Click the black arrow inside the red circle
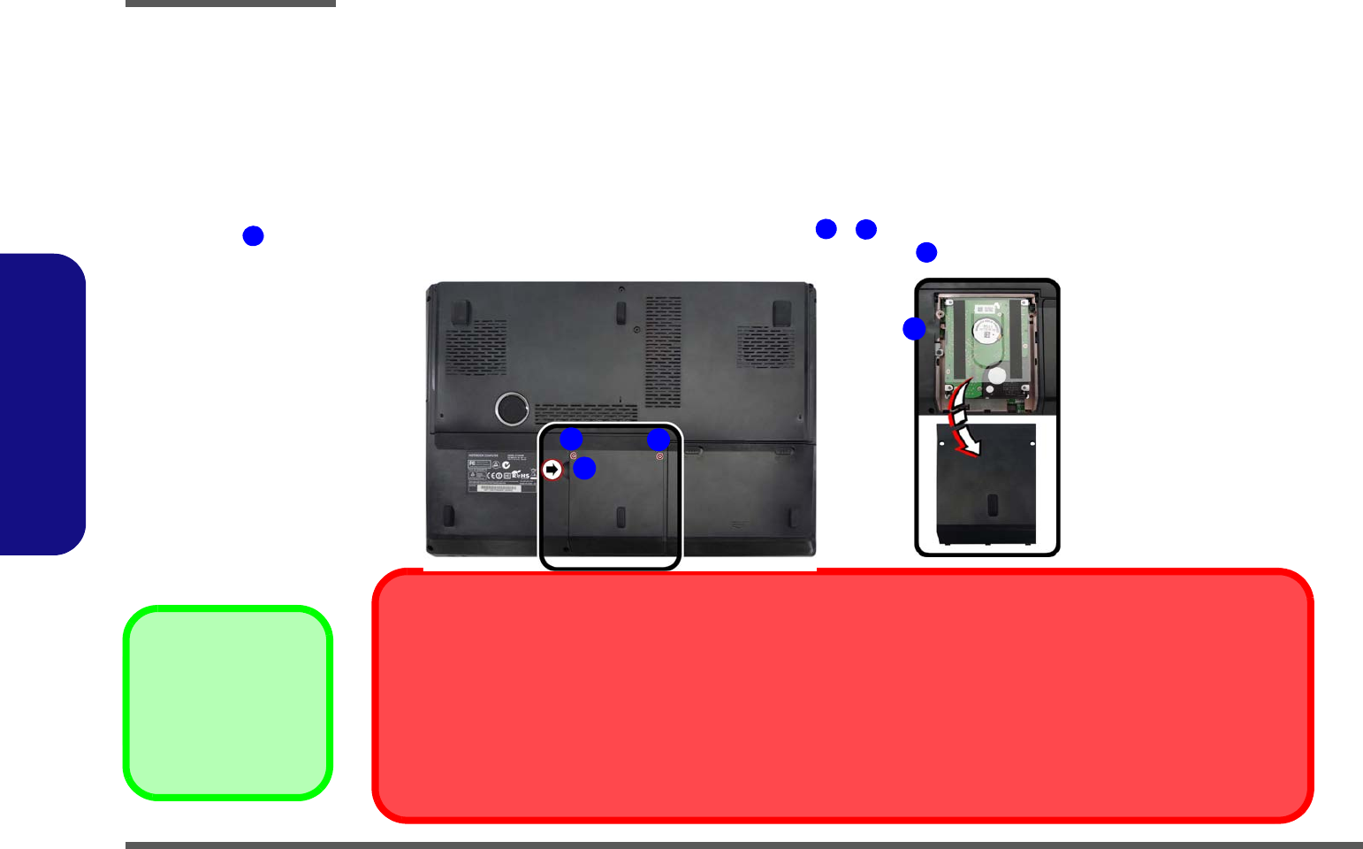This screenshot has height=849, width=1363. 552,470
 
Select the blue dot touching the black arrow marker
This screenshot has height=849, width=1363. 584,468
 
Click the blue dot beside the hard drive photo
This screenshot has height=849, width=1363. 914,329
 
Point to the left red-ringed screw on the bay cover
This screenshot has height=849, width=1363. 573,455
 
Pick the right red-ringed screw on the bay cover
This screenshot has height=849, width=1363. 659,456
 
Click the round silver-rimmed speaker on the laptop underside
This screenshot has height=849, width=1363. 512,409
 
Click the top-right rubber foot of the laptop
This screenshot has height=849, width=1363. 781,313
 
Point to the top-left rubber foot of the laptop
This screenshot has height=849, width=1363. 460,311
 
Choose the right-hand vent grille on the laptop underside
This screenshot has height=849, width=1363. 765,346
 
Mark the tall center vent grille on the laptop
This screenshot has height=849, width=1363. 663,352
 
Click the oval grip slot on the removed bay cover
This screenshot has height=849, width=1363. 992,505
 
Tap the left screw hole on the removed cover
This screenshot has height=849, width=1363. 942,445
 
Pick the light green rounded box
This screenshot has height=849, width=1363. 228,703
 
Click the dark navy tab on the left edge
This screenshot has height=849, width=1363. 42,404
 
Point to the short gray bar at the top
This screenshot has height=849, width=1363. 230,4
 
